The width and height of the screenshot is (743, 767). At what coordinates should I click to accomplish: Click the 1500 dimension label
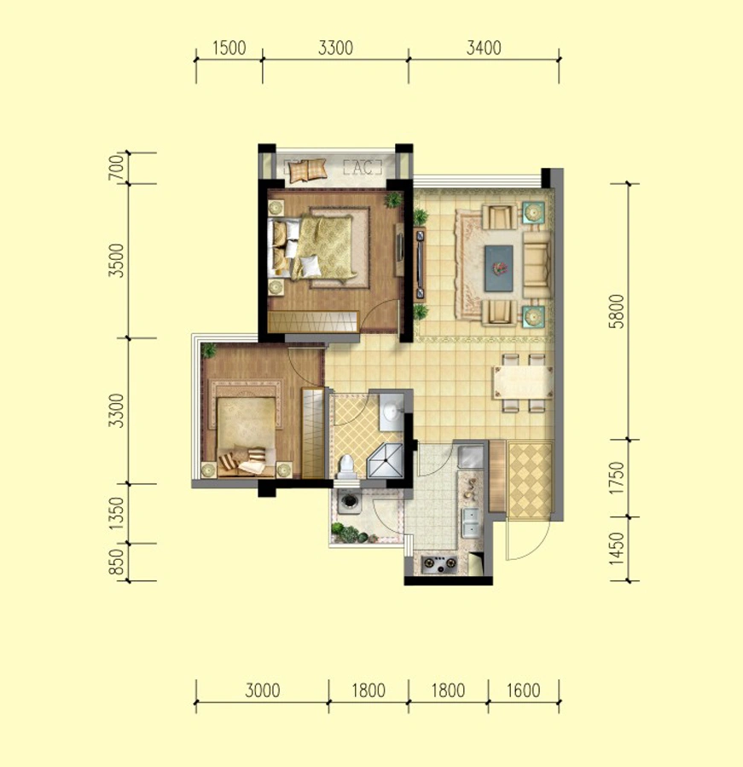point(229,48)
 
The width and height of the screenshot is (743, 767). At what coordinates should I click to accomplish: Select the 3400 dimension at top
point(484,48)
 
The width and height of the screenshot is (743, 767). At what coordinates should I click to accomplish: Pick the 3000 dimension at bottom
point(262,690)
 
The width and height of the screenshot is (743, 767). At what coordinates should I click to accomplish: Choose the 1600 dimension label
point(523,690)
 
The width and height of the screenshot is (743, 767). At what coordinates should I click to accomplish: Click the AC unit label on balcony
point(363,167)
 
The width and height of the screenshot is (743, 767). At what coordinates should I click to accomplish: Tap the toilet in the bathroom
point(346,466)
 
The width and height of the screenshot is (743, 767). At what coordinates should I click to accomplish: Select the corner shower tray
point(385,461)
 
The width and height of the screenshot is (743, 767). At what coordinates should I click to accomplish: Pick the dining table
point(523,382)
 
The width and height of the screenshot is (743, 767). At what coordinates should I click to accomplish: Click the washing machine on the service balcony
point(349,501)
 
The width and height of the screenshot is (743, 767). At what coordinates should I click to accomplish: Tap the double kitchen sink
point(471,522)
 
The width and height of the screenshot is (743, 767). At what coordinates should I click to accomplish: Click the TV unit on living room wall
point(420,265)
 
